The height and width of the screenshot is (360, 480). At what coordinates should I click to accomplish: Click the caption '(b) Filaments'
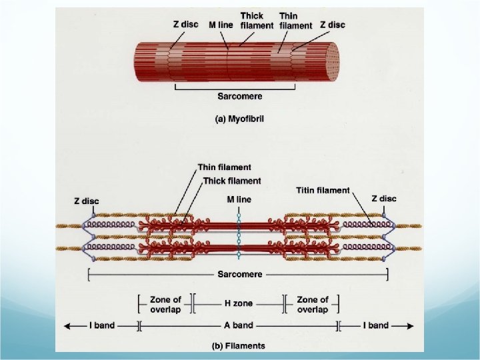(x=238, y=345)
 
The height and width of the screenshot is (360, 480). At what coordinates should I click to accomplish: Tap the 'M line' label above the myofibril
(x=220, y=25)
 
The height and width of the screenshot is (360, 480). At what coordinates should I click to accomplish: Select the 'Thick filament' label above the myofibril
(x=257, y=21)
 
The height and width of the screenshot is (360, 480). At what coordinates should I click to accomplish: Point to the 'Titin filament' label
(x=323, y=190)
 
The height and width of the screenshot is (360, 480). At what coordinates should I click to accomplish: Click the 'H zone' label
(x=238, y=303)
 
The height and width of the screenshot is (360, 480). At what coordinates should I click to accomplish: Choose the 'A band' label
(x=238, y=325)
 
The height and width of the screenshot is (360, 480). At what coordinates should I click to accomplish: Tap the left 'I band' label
(x=102, y=325)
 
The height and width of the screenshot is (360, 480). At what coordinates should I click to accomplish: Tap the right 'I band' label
(x=375, y=325)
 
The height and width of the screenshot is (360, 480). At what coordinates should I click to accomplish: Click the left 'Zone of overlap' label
(x=165, y=304)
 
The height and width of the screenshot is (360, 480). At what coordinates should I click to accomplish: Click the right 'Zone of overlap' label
(x=312, y=304)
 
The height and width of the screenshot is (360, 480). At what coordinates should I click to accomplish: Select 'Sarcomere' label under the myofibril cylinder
(x=239, y=96)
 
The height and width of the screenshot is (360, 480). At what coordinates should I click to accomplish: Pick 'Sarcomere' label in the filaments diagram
(x=239, y=274)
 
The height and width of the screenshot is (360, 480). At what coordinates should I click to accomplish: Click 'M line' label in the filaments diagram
(x=239, y=199)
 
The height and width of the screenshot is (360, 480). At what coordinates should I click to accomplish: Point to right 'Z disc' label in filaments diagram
(x=384, y=198)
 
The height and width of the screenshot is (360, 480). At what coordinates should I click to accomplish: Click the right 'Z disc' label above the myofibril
(x=332, y=25)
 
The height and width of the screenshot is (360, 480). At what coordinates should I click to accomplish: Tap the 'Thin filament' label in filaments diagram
(x=224, y=168)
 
